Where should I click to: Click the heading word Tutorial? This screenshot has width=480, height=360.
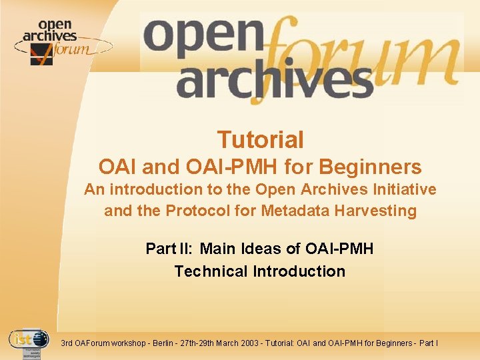coord(260,140)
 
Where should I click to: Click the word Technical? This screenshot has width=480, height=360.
coord(211,271)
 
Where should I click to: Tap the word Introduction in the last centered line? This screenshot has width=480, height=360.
coord(299,271)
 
